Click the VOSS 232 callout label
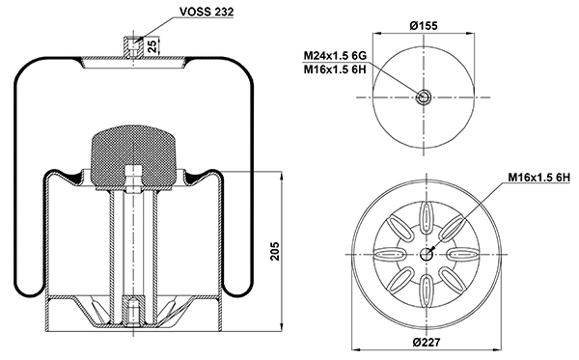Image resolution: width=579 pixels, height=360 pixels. (x=207, y=12)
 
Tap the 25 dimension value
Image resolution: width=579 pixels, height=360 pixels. (x=152, y=45)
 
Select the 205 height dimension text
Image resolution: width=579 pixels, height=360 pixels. (x=275, y=251)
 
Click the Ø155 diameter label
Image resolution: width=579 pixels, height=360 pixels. (x=424, y=25)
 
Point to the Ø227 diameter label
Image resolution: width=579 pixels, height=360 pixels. (x=427, y=342)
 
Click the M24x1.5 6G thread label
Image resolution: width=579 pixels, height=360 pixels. (x=335, y=55)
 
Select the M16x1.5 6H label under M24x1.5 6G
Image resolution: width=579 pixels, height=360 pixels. (x=335, y=69)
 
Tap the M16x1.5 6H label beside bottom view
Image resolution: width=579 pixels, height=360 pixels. (x=539, y=178)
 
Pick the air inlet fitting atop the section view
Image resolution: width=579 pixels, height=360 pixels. (x=132, y=46)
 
